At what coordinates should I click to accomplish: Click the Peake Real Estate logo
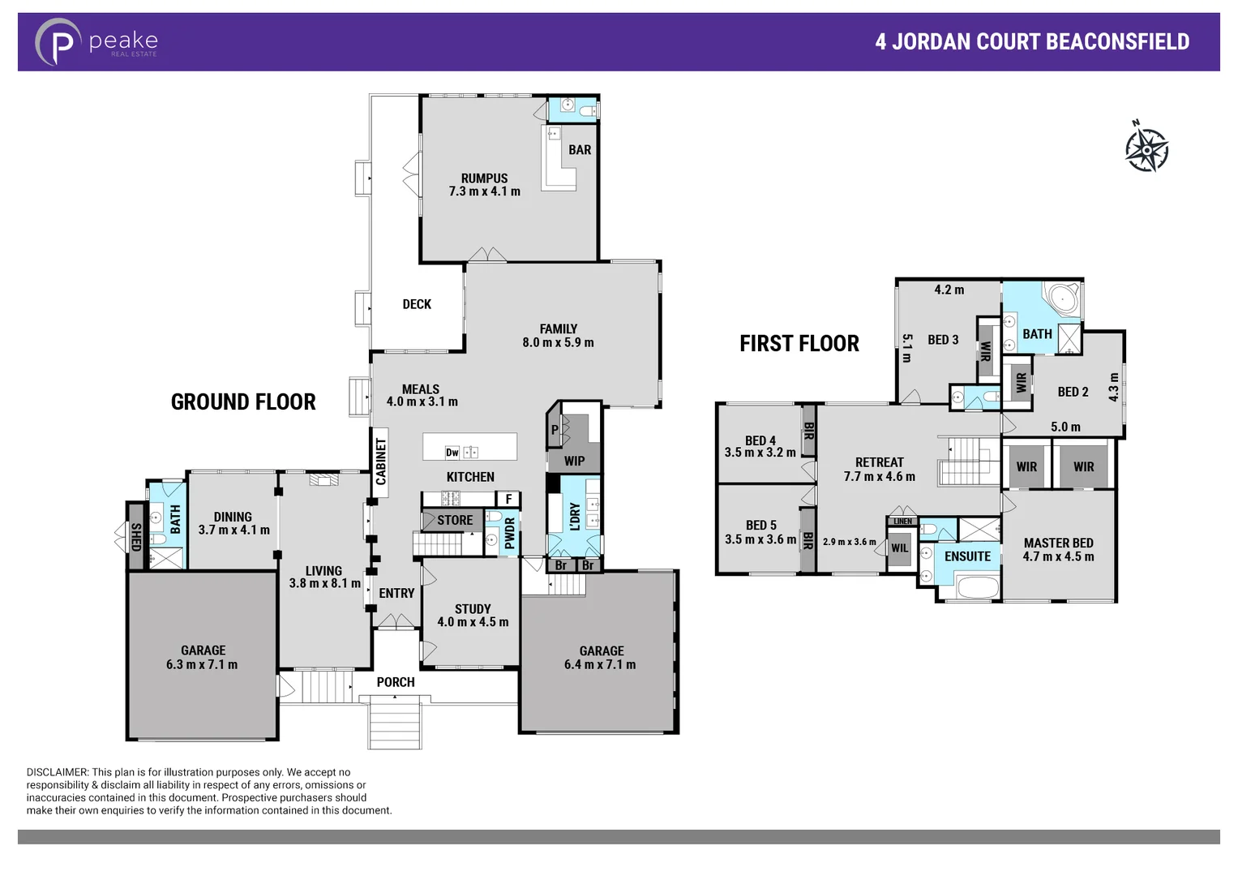(96, 42)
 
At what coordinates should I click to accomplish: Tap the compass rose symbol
(1146, 148)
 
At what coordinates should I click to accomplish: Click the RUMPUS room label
(484, 178)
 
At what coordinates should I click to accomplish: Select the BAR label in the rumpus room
(579, 150)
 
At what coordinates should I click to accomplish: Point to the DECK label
(417, 304)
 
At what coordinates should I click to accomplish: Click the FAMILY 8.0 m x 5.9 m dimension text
(558, 343)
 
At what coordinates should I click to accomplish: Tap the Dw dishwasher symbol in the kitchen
(452, 453)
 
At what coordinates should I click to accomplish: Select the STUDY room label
(473, 608)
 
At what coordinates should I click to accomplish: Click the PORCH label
(396, 682)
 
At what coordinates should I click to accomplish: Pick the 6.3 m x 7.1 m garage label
(202, 664)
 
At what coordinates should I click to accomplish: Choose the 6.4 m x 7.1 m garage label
(600, 665)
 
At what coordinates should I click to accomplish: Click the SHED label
(135, 536)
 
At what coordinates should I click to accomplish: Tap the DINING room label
(233, 517)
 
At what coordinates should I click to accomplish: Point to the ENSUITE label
(967, 556)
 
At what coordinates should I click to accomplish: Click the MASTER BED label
(1058, 543)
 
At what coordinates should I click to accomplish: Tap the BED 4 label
(760, 440)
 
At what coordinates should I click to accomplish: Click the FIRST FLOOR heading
(799, 344)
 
